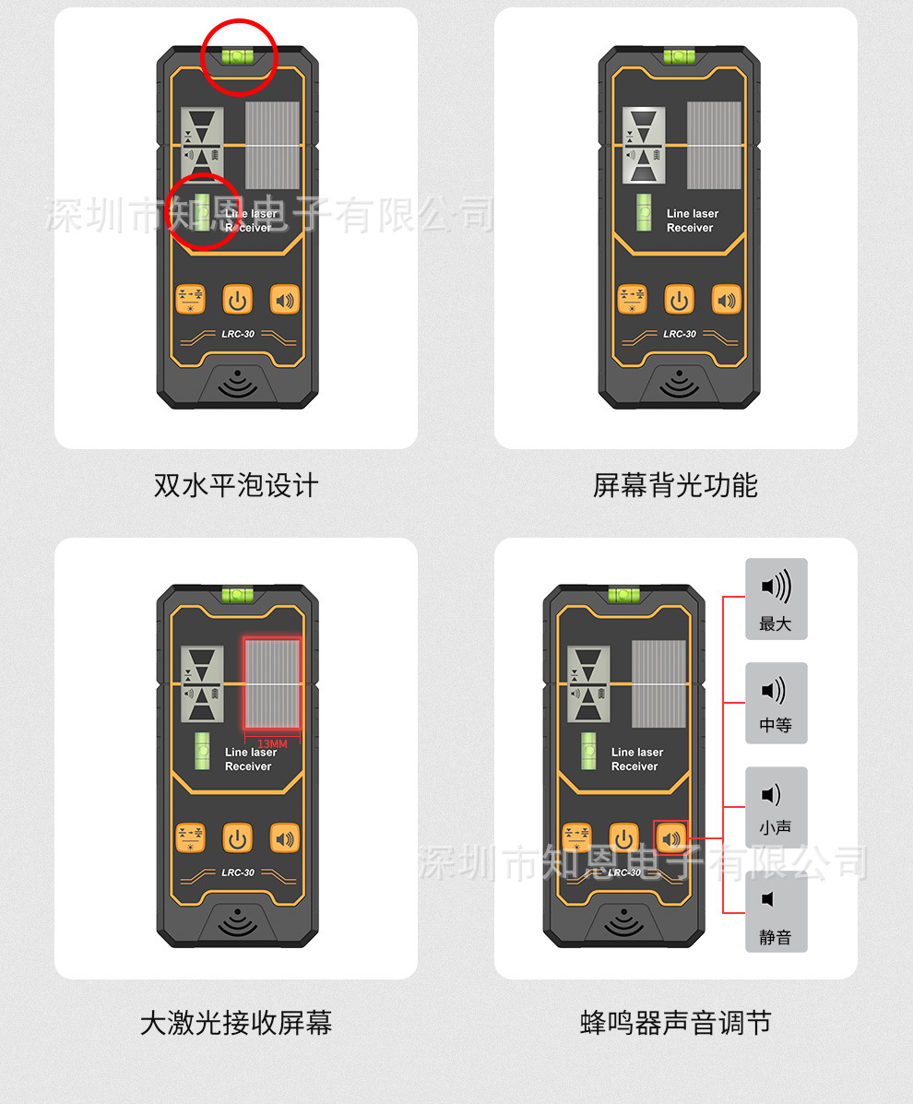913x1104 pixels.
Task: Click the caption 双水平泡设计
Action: (236, 485)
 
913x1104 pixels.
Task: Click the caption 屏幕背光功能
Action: (675, 485)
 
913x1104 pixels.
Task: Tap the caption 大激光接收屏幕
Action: (236, 1022)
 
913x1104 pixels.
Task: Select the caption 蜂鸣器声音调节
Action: (675, 1022)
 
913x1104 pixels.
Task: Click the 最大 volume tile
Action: (776, 599)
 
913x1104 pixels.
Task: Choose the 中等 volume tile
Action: (776, 703)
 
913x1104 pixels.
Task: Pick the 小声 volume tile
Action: (776, 807)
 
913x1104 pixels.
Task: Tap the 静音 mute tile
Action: (776, 912)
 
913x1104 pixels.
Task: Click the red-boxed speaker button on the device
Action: (670, 837)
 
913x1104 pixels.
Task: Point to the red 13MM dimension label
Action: (272, 744)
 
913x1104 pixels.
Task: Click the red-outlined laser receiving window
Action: (272, 683)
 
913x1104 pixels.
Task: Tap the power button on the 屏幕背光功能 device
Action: (680, 300)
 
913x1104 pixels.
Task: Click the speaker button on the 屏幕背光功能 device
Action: (727, 300)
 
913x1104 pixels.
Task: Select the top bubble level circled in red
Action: (238, 55)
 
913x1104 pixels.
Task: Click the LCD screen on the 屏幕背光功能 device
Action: (644, 145)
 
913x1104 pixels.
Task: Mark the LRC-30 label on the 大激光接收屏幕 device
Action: (238, 873)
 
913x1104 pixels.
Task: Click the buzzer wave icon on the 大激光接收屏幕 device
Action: (238, 921)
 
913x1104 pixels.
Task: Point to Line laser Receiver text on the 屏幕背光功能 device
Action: (692, 220)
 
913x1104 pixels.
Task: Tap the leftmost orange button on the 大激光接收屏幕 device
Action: (190, 837)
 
